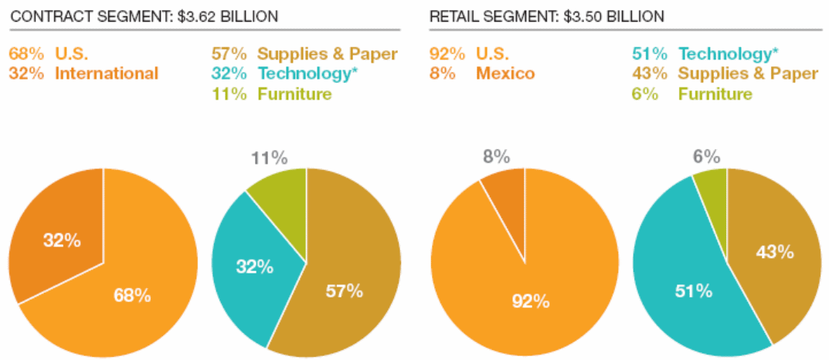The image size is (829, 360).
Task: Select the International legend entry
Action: click(x=83, y=73)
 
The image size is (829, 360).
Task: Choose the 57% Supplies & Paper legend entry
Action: click(x=304, y=53)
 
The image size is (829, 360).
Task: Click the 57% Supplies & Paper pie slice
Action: click(x=348, y=286)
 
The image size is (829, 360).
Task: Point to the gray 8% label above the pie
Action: click(x=495, y=157)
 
